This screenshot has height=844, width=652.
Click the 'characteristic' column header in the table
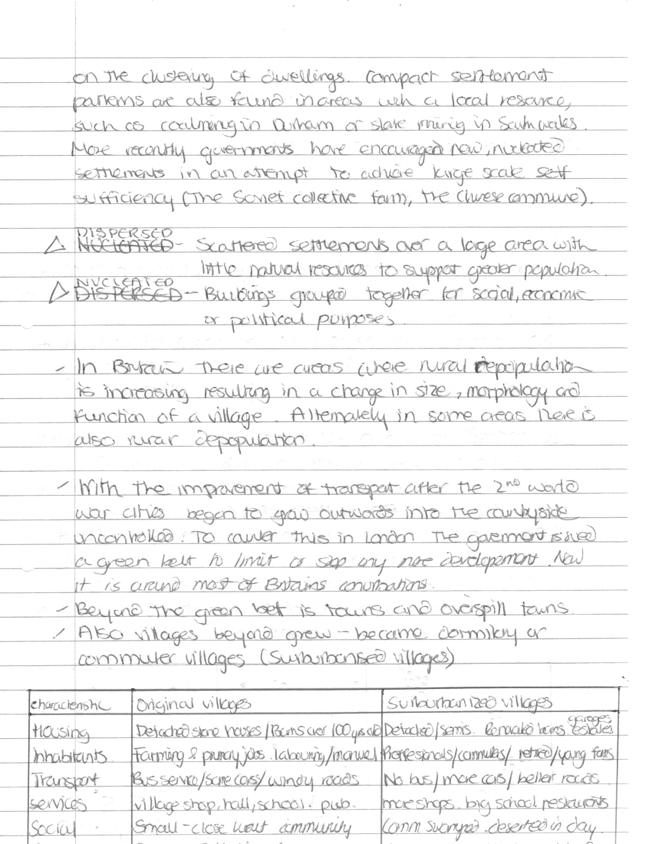pyautogui.click(x=69, y=706)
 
